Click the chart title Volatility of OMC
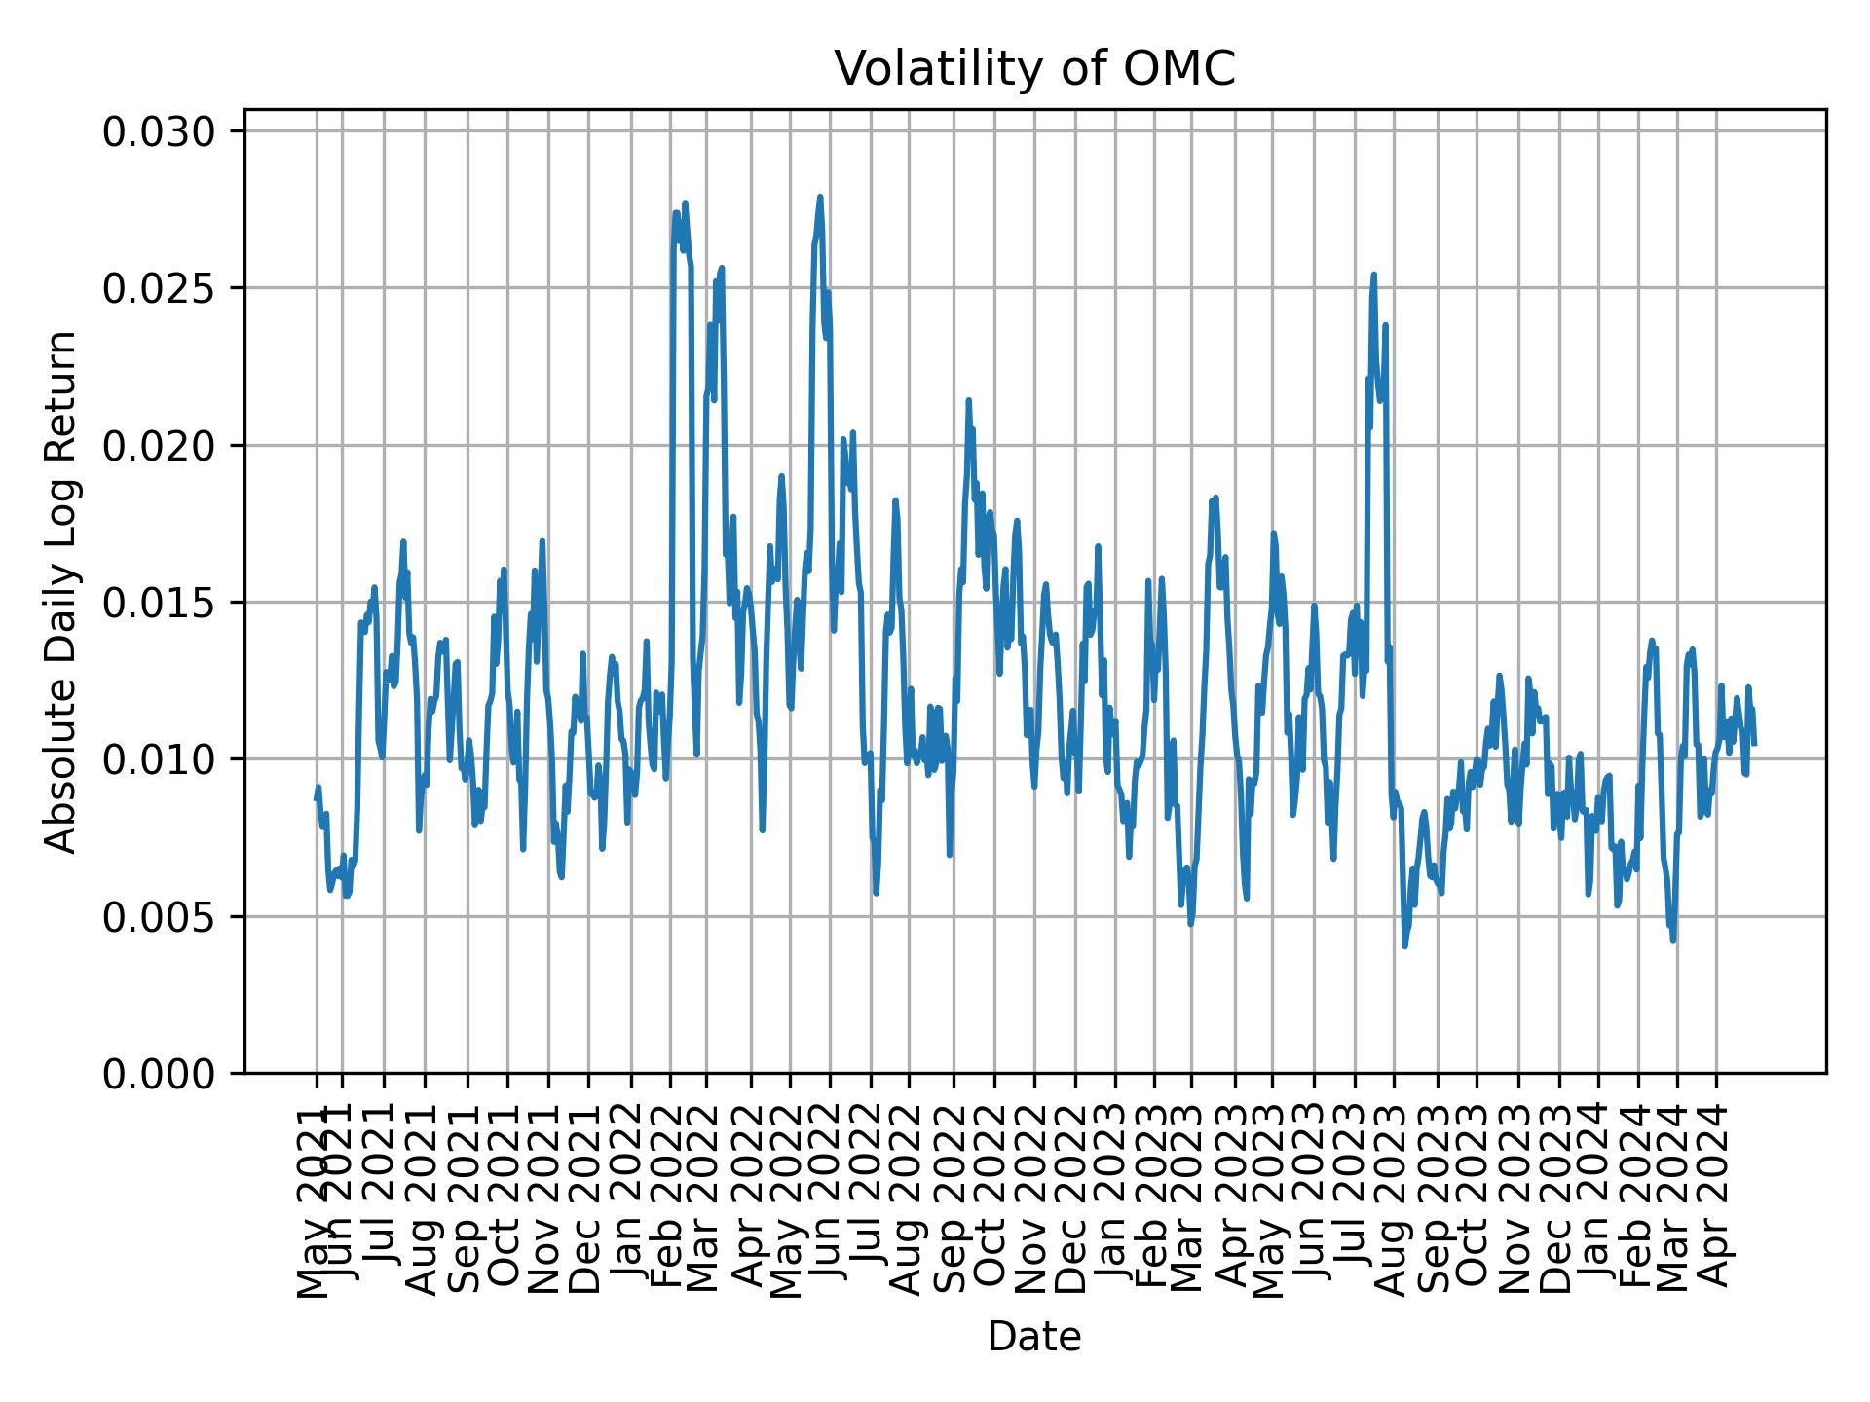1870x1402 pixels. pyautogui.click(x=1034, y=69)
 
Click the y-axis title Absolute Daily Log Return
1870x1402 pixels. pyautogui.click(x=62, y=591)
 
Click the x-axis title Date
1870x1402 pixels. pyautogui.click(x=1034, y=1337)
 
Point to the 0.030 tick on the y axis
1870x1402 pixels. pyautogui.click(x=160, y=131)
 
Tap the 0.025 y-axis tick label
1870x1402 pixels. pyautogui.click(x=160, y=288)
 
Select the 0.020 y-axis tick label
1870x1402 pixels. pyautogui.click(x=160, y=446)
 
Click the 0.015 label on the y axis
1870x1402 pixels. pyautogui.click(x=160, y=603)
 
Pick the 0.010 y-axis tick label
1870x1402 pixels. pyautogui.click(x=160, y=759)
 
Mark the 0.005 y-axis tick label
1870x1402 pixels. pyautogui.click(x=160, y=917)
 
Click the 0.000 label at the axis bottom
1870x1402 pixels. pyautogui.click(x=160, y=1074)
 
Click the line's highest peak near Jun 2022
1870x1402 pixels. pyautogui.click(x=820, y=197)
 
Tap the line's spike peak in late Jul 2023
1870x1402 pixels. pyautogui.click(x=1373, y=275)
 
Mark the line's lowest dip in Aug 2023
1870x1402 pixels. pyautogui.click(x=1404, y=945)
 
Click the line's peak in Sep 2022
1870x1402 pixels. pyautogui.click(x=968, y=400)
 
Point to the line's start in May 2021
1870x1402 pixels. pyautogui.click(x=316, y=799)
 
